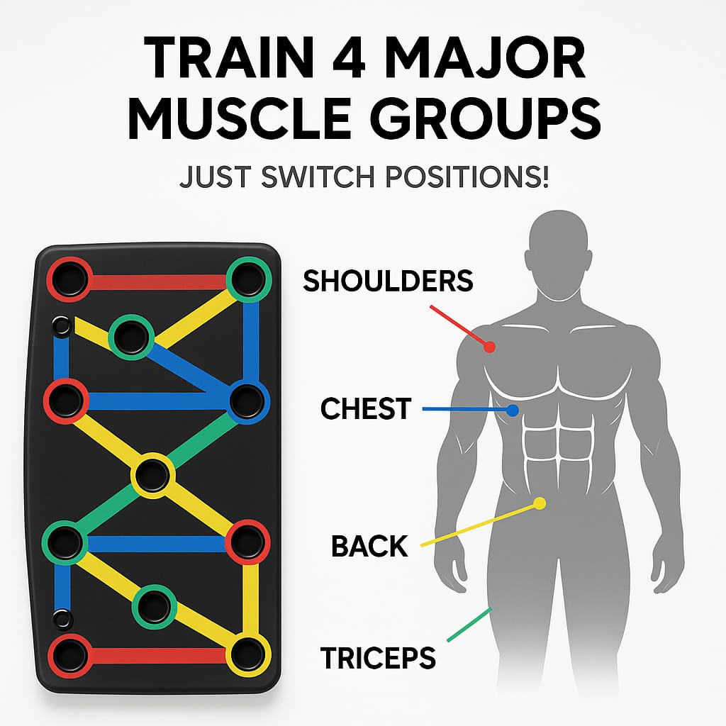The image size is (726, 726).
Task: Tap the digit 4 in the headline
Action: click(x=347, y=58)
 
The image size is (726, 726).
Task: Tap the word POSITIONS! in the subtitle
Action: click(x=467, y=177)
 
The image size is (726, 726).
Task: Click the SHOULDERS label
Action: click(x=388, y=281)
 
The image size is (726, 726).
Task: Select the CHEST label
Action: click(x=366, y=408)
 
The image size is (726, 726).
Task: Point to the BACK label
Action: click(x=369, y=546)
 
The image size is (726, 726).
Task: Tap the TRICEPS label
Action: click(x=378, y=658)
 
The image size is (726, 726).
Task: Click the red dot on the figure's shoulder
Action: click(x=489, y=347)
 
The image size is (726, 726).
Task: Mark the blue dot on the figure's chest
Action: click(x=512, y=411)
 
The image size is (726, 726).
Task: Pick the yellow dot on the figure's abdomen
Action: click(x=540, y=503)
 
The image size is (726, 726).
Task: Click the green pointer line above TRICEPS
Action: click(x=469, y=625)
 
